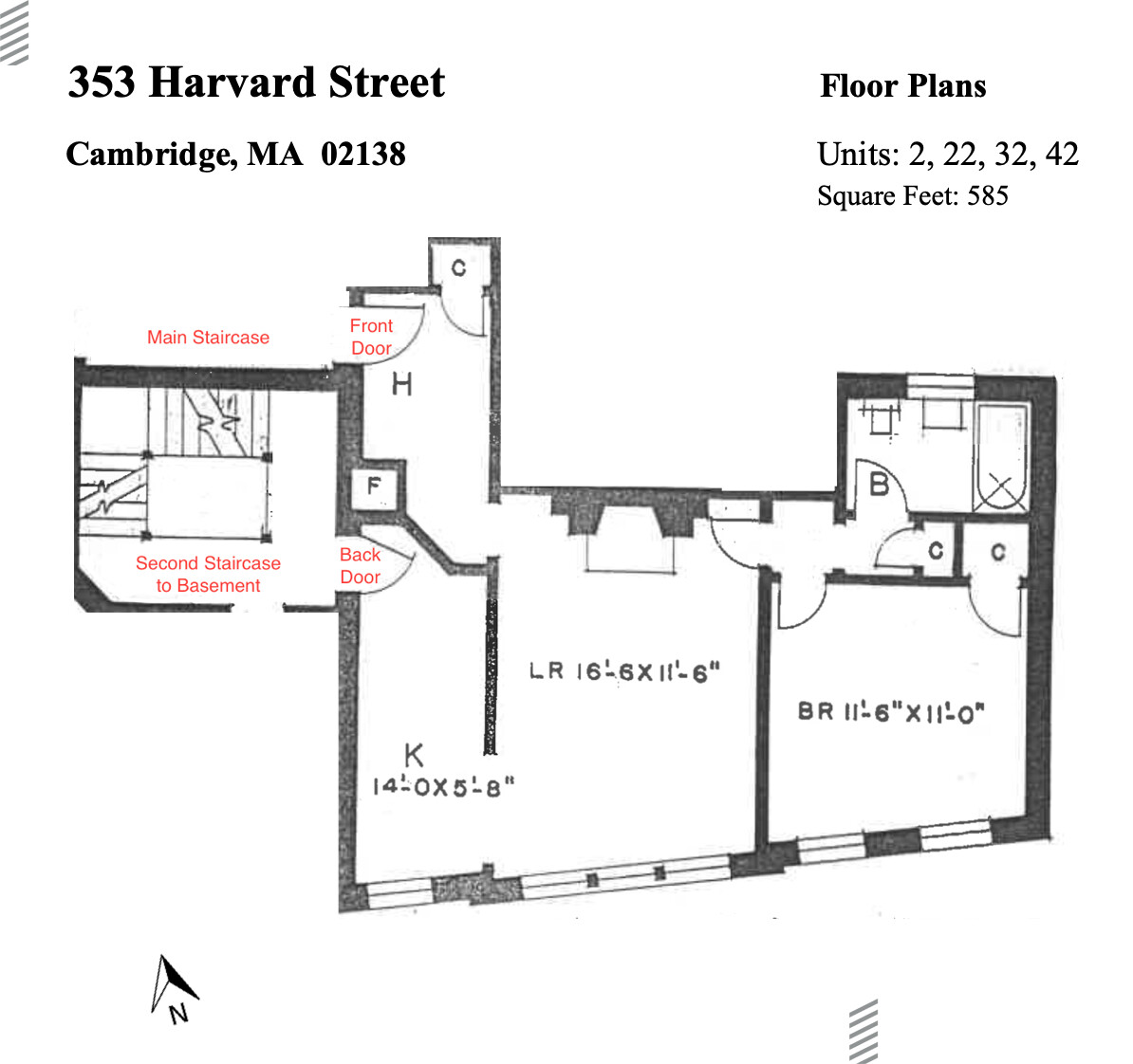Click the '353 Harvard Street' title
(256, 83)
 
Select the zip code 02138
(363, 154)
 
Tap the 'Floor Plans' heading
(902, 86)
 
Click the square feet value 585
(987, 196)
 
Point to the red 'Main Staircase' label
(208, 338)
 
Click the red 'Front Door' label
(371, 337)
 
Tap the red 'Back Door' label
(360, 566)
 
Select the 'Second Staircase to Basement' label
(208, 574)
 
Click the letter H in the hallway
(401, 384)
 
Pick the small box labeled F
(374, 487)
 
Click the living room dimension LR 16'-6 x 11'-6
(623, 671)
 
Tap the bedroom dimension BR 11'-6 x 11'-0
(890, 711)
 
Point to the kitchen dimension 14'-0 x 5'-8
(442, 787)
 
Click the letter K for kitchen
(414, 756)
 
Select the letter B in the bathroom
(879, 485)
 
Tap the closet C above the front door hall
(458, 268)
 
